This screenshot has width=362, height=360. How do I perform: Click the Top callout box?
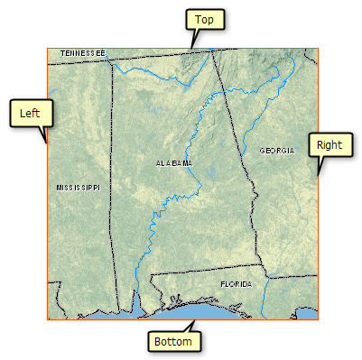(205, 19)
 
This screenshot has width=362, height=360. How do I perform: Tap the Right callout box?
(329, 144)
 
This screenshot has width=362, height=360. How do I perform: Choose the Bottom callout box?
(172, 342)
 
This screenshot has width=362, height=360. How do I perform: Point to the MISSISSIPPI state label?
(78, 187)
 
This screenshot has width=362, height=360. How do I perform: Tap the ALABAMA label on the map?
(174, 163)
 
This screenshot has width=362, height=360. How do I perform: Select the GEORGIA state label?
(277, 150)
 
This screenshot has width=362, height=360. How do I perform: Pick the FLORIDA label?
(237, 283)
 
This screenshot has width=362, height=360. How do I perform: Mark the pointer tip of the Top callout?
(191, 48)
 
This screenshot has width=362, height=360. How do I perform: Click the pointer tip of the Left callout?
(47, 143)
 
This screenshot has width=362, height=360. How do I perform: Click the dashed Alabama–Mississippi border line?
(115, 180)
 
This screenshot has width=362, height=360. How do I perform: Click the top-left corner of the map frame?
(48, 49)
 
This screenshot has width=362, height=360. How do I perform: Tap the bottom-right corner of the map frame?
(319, 319)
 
